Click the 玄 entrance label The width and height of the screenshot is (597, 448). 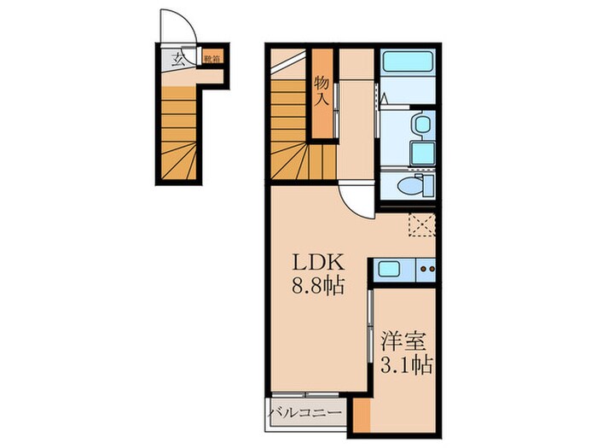point(178,60)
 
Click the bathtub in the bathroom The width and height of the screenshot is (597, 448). point(409,62)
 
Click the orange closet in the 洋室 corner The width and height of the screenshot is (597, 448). point(363,415)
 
